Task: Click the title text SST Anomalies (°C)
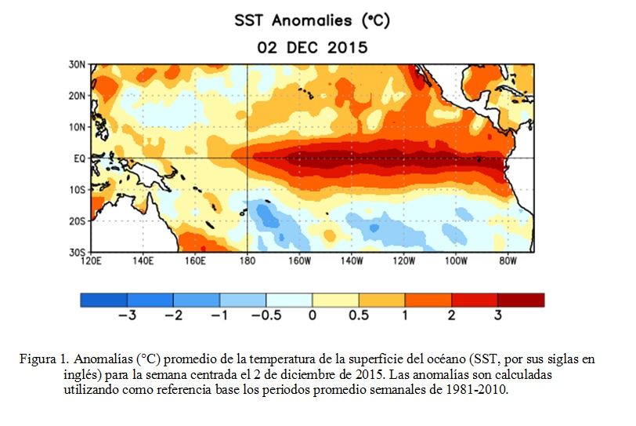[x=312, y=20]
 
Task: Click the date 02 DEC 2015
[x=313, y=48]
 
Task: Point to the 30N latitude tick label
[x=77, y=64]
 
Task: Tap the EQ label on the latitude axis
[x=80, y=158]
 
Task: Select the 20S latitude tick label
[x=77, y=221]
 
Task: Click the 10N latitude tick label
[x=77, y=127]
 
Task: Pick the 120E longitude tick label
[x=92, y=260]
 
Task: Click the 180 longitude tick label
[x=248, y=260]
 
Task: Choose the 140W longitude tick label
[x=352, y=260]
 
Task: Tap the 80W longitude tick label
[x=508, y=260]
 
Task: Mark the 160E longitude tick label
[x=195, y=260]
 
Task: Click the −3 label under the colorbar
[x=128, y=315]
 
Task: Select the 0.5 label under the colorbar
[x=359, y=315]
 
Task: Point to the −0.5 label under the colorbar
[x=266, y=315]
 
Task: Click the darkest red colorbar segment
[x=521, y=300]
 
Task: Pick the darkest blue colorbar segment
[x=104, y=300]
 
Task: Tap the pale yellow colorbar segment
[x=335, y=300]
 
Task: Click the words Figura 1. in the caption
[x=44, y=359]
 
